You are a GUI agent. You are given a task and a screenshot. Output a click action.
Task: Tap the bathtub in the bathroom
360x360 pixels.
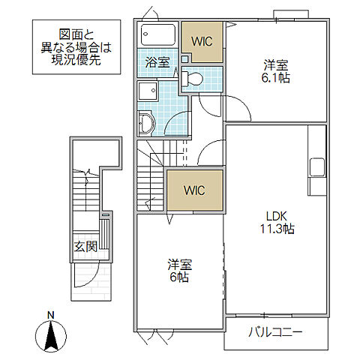[x=157, y=35]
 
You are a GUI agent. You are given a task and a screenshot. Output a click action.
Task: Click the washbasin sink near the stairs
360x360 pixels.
[x=145, y=121]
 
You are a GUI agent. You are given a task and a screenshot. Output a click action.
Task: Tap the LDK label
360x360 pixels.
[x=277, y=214]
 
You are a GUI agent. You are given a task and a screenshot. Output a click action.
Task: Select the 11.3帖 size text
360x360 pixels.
[x=277, y=229]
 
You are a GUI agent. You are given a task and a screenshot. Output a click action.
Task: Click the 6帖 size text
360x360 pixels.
[x=179, y=277]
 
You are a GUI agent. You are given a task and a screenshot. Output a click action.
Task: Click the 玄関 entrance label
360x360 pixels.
[x=85, y=246]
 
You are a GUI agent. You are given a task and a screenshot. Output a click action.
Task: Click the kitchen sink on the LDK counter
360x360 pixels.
[x=316, y=166]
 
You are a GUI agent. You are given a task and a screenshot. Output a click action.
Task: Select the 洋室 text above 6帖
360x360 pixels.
[x=179, y=264]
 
